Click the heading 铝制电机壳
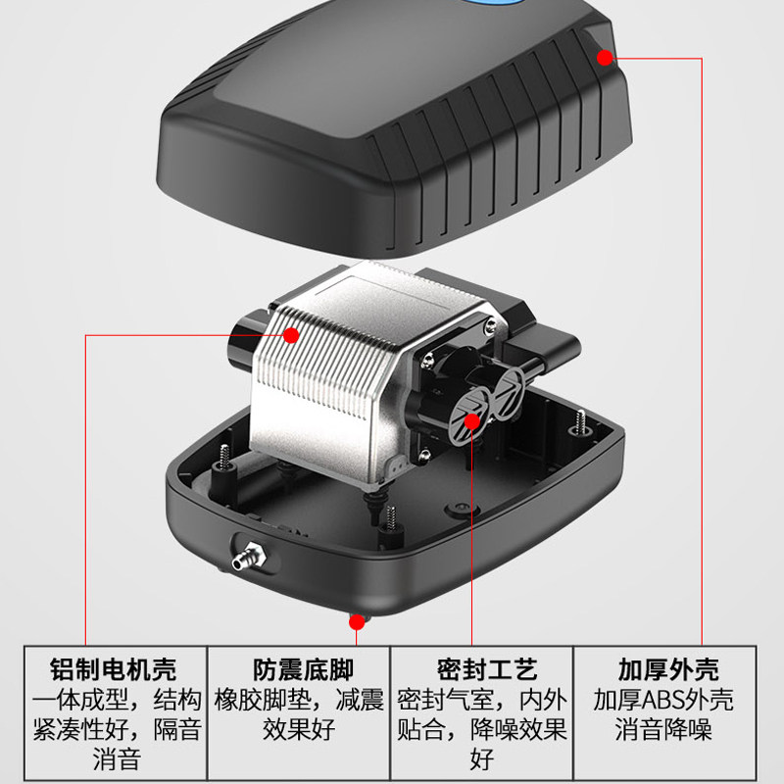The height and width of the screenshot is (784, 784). (x=113, y=670)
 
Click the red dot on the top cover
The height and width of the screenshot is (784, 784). (x=605, y=57)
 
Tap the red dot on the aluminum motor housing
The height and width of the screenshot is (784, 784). (x=291, y=336)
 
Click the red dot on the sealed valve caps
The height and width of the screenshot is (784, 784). (x=471, y=421)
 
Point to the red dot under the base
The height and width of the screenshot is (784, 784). (x=357, y=620)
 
